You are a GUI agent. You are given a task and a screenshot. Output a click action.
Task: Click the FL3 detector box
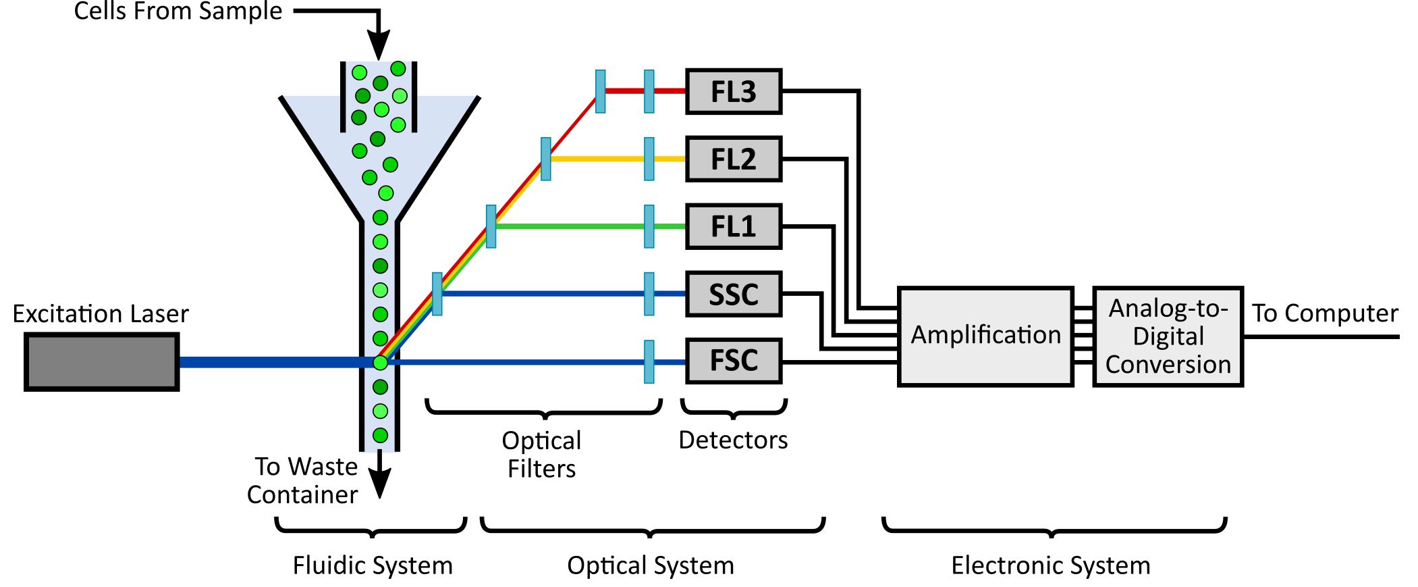click(734, 91)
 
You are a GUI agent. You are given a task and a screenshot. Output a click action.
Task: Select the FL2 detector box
click(734, 159)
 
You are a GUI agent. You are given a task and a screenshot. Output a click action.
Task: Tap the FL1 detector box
click(734, 226)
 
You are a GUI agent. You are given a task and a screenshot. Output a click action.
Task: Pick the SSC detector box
click(734, 294)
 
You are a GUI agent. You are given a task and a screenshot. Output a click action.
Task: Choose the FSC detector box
click(734, 361)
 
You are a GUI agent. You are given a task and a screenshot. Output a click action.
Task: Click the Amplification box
click(985, 336)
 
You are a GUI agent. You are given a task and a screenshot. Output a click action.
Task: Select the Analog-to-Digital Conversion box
click(1168, 336)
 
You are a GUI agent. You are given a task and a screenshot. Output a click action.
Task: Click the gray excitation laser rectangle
click(102, 362)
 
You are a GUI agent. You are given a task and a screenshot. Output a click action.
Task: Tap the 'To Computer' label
click(1325, 313)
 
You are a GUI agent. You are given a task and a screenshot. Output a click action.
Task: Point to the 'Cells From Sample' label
click(178, 11)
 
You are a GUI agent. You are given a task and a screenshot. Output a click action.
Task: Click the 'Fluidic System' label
click(373, 565)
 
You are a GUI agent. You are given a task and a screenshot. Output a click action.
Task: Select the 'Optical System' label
click(650, 565)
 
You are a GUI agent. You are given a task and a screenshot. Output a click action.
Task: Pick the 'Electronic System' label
click(1051, 565)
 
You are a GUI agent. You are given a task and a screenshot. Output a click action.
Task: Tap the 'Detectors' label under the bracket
click(733, 440)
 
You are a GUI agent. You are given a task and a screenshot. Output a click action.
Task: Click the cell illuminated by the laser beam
click(381, 363)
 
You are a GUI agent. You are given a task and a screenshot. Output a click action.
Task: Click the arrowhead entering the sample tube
click(379, 49)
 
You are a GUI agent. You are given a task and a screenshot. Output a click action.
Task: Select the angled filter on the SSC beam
click(437, 294)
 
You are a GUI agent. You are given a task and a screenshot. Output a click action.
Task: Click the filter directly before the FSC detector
click(649, 362)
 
